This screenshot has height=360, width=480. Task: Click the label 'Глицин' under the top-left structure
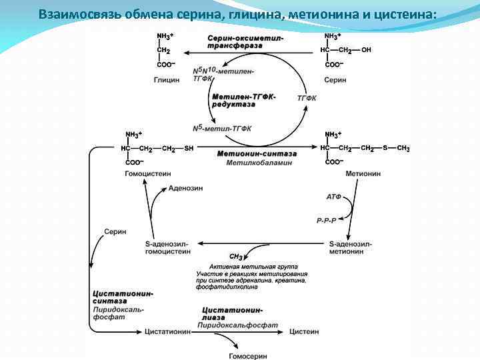(166, 79)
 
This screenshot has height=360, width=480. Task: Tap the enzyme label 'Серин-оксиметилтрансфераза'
(245, 41)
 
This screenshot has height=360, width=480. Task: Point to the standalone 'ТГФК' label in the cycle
(307, 97)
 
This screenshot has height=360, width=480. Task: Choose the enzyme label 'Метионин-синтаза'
(257, 153)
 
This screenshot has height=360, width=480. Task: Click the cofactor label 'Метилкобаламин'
(259, 163)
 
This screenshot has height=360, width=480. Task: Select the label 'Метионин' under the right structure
(363, 173)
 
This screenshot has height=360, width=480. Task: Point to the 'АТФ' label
(334, 197)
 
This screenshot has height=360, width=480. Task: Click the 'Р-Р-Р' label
(327, 219)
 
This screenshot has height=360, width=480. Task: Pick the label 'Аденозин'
(186, 189)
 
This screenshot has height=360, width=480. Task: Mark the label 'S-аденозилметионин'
(351, 248)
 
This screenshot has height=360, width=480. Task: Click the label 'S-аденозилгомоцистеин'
(167, 248)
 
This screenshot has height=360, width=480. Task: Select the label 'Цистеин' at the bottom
(305, 331)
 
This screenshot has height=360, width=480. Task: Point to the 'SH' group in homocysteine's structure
(189, 149)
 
